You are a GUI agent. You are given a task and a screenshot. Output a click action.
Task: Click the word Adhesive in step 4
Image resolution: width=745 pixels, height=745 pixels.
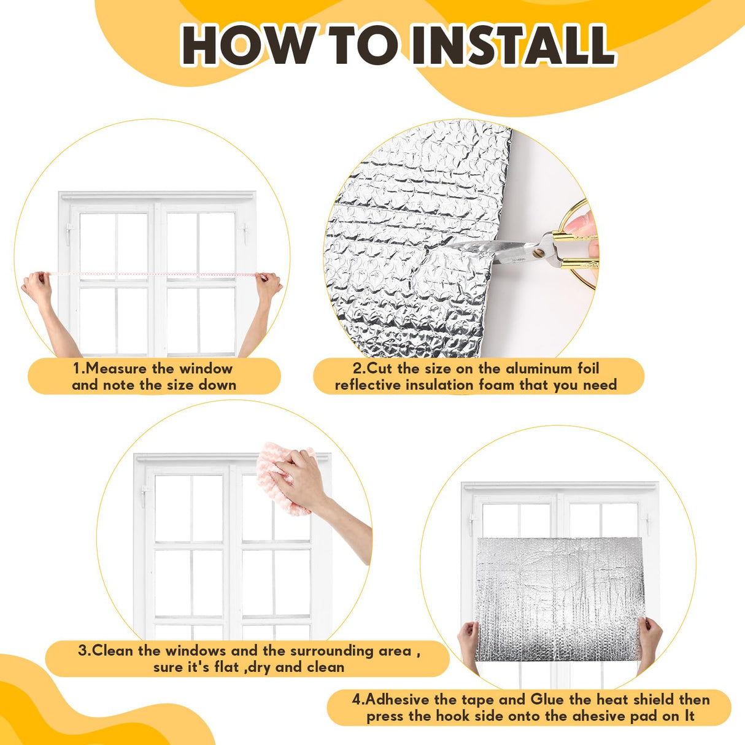400,700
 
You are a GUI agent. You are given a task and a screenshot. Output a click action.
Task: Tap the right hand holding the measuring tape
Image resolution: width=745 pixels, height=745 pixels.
269,285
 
